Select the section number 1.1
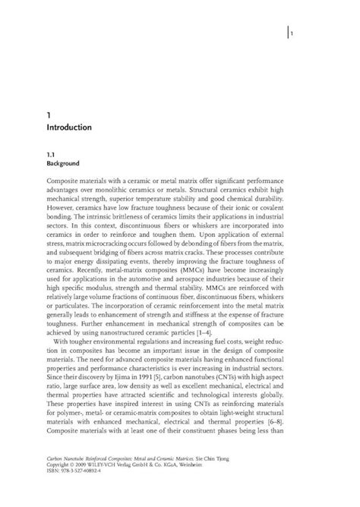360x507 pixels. click(52, 153)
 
